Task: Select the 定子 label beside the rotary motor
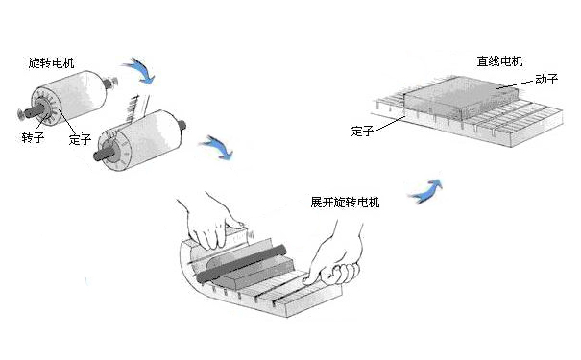point(80,139)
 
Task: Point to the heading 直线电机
point(498,60)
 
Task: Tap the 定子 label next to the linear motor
point(362,131)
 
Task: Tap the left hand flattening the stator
point(213,223)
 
